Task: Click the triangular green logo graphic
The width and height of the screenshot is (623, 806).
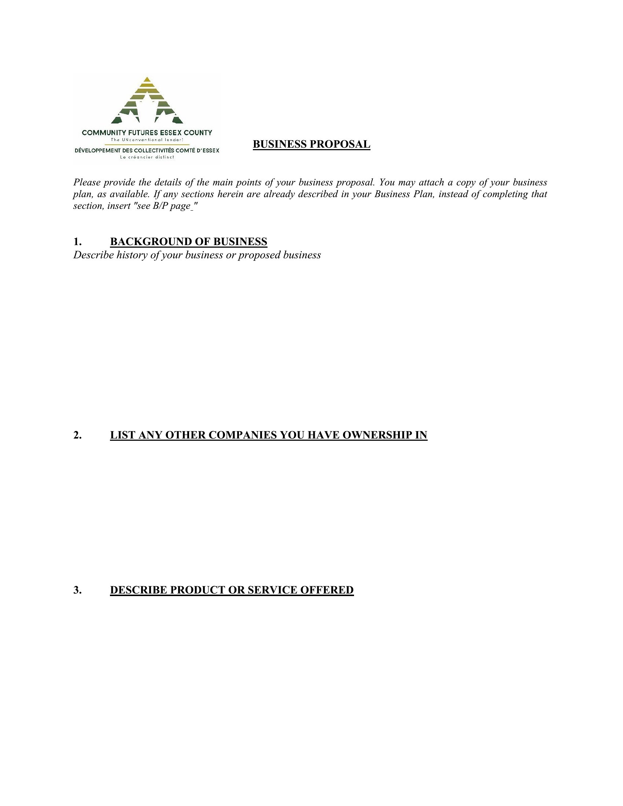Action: click(x=147, y=101)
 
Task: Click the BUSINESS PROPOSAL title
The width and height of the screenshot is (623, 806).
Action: click(x=311, y=144)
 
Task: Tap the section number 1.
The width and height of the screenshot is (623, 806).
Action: click(x=77, y=242)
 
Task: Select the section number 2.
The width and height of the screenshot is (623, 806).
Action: click(x=77, y=435)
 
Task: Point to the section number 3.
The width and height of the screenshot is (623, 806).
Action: click(x=77, y=590)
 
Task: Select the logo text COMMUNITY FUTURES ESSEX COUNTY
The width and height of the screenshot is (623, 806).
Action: click(x=147, y=133)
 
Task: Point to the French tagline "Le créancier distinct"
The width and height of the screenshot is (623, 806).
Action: click(x=147, y=157)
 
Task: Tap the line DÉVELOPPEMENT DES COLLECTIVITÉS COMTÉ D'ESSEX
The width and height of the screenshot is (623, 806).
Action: click(x=147, y=151)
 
